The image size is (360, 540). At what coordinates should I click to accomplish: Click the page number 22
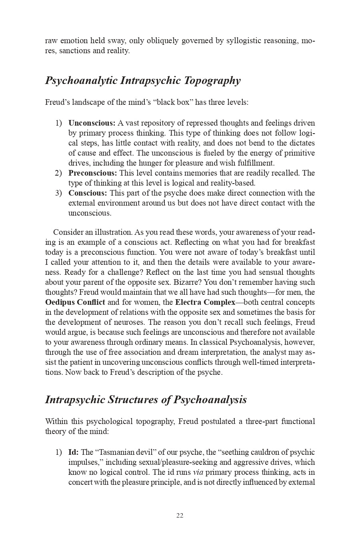[180, 516]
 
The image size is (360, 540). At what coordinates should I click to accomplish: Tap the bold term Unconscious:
[92, 123]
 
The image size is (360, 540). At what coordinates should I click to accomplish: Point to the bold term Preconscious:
[92, 173]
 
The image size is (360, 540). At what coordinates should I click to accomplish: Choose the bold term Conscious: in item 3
[88, 193]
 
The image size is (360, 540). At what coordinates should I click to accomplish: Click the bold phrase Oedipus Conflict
[75, 302]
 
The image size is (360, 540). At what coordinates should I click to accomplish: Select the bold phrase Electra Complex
[205, 302]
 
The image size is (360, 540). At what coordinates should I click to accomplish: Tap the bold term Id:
[73, 452]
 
